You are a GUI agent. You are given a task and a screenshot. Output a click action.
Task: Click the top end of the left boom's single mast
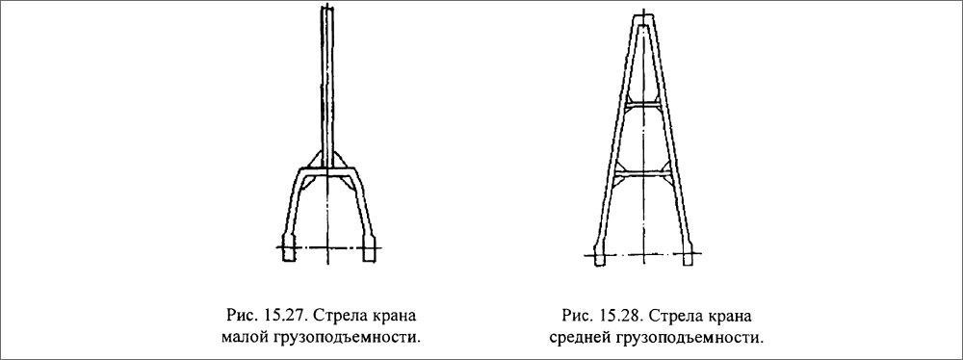[x=328, y=12]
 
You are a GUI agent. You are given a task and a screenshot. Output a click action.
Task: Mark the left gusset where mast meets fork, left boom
[x=314, y=160]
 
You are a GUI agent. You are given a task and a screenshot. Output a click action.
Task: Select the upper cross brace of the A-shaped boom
[x=644, y=101]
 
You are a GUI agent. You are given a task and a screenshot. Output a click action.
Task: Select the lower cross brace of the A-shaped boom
[x=644, y=174]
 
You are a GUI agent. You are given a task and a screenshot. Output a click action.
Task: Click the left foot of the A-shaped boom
[x=599, y=257]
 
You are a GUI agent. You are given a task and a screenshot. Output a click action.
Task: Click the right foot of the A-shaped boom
[x=688, y=257]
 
